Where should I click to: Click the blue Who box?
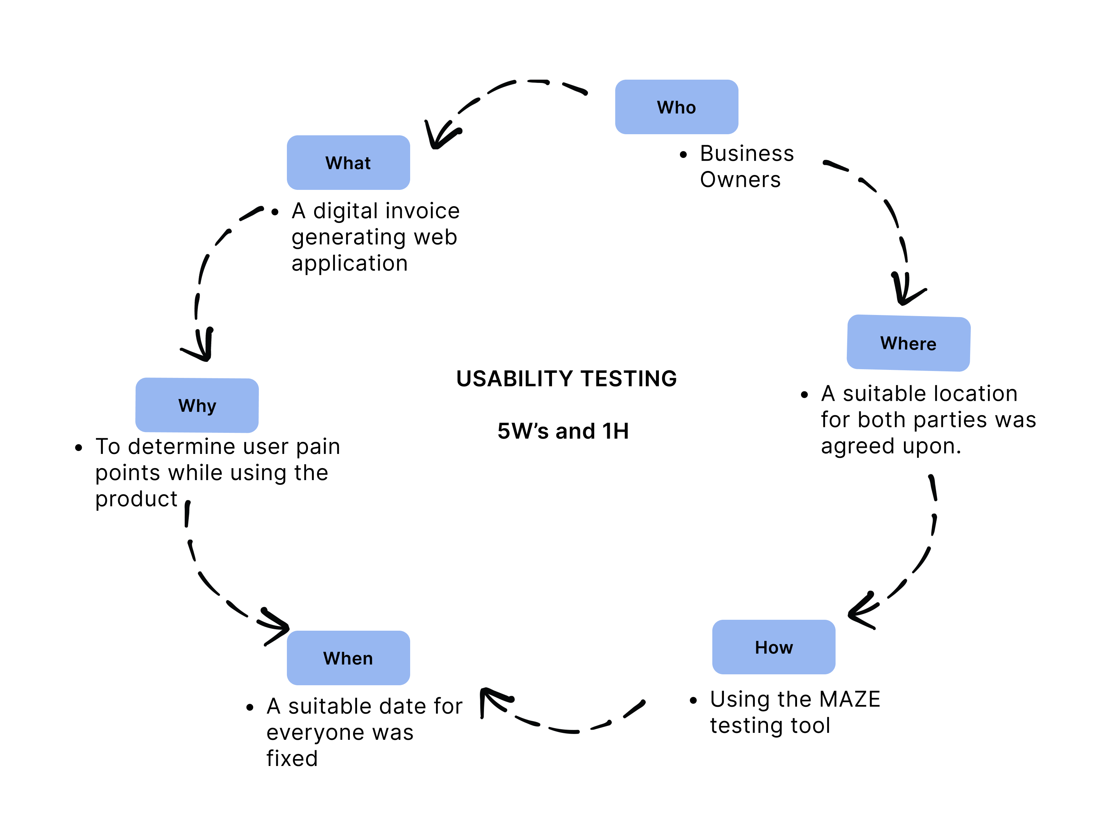coord(676,107)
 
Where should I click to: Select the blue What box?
coord(348,163)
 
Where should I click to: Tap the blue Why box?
coord(197,405)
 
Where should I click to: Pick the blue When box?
coord(348,658)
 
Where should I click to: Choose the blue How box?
coord(774,647)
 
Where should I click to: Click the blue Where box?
coord(908,343)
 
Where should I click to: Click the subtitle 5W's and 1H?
coord(563,431)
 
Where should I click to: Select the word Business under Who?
coord(747,153)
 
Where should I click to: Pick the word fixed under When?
coord(292,758)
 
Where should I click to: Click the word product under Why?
coord(136,499)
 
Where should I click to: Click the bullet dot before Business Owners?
coord(683,155)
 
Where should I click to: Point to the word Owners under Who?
coord(740,180)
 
